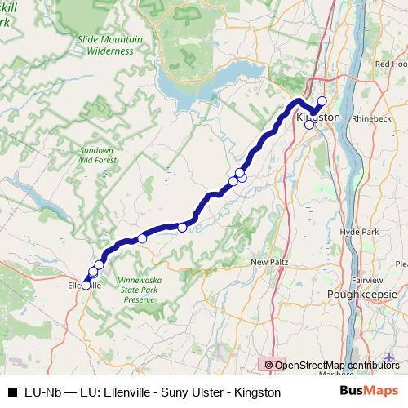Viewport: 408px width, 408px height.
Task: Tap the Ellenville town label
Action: click(83, 286)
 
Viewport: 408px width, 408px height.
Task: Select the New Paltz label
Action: click(269, 262)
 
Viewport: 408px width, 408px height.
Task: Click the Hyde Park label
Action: click(359, 232)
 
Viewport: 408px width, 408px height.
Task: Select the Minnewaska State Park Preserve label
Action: click(138, 289)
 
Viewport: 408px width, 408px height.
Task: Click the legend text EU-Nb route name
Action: click(152, 392)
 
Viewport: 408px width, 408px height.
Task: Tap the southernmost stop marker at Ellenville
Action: click(86, 285)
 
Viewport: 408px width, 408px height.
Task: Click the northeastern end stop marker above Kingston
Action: click(322, 101)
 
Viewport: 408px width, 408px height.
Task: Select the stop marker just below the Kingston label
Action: click(308, 125)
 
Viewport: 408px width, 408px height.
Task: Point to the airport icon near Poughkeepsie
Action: click(390, 357)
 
